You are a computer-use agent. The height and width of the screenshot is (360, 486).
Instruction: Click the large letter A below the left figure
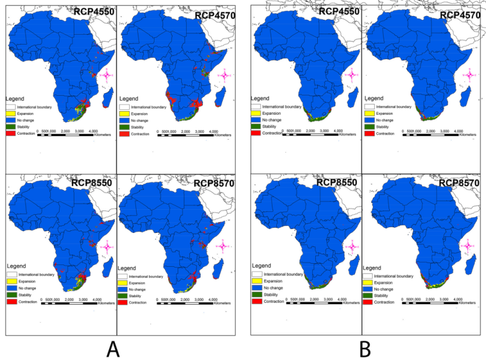point(112,349)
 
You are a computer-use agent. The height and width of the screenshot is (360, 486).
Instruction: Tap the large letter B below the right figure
point(365,349)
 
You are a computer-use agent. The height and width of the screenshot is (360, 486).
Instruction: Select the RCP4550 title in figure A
point(91,12)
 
